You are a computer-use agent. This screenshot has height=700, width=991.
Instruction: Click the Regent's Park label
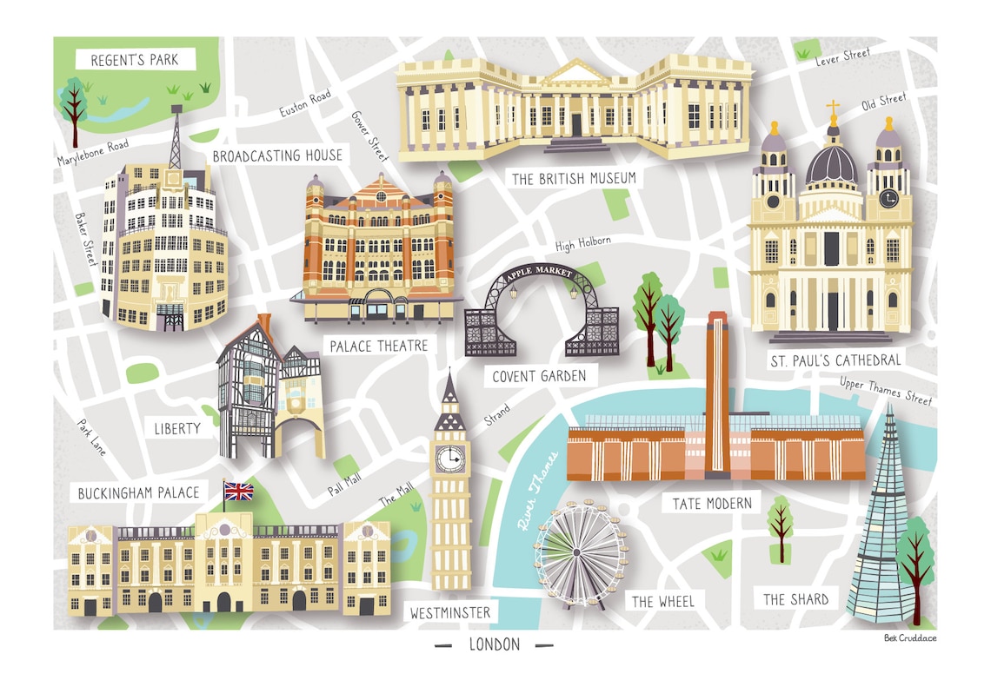pos(134,61)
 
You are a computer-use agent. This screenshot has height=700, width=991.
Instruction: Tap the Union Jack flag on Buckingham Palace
pos(238,492)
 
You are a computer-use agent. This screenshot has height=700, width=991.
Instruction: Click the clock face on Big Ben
pos(449,457)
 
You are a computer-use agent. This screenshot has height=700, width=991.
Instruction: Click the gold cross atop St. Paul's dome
pos(833,109)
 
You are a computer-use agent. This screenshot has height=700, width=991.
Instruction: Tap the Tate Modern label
pos(711,504)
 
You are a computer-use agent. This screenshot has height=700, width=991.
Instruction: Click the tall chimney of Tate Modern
pos(716,382)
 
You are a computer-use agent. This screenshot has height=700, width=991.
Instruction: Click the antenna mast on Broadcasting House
pos(175,139)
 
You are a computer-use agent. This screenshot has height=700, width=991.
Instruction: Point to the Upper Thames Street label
pos(885,391)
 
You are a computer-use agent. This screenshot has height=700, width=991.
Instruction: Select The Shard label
pos(795,599)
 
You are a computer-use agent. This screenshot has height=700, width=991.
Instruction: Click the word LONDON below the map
pos(494,644)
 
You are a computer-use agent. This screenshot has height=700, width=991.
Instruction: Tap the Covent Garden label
pos(539,376)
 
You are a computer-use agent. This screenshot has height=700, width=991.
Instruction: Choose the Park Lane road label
pos(91,438)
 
